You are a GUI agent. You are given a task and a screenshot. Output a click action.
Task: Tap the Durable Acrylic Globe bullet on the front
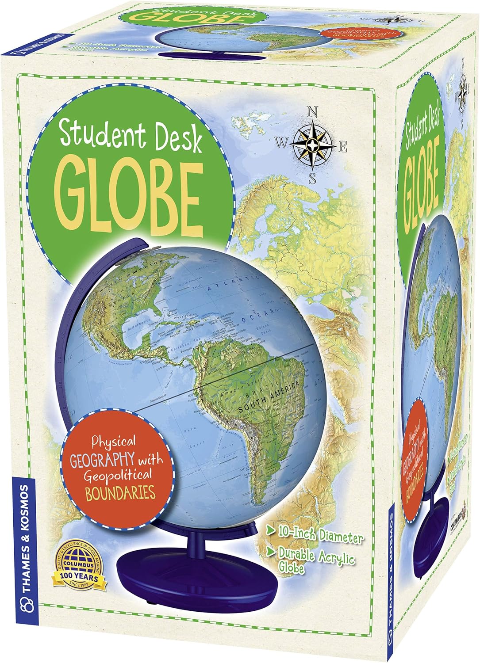[x=315, y=561]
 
